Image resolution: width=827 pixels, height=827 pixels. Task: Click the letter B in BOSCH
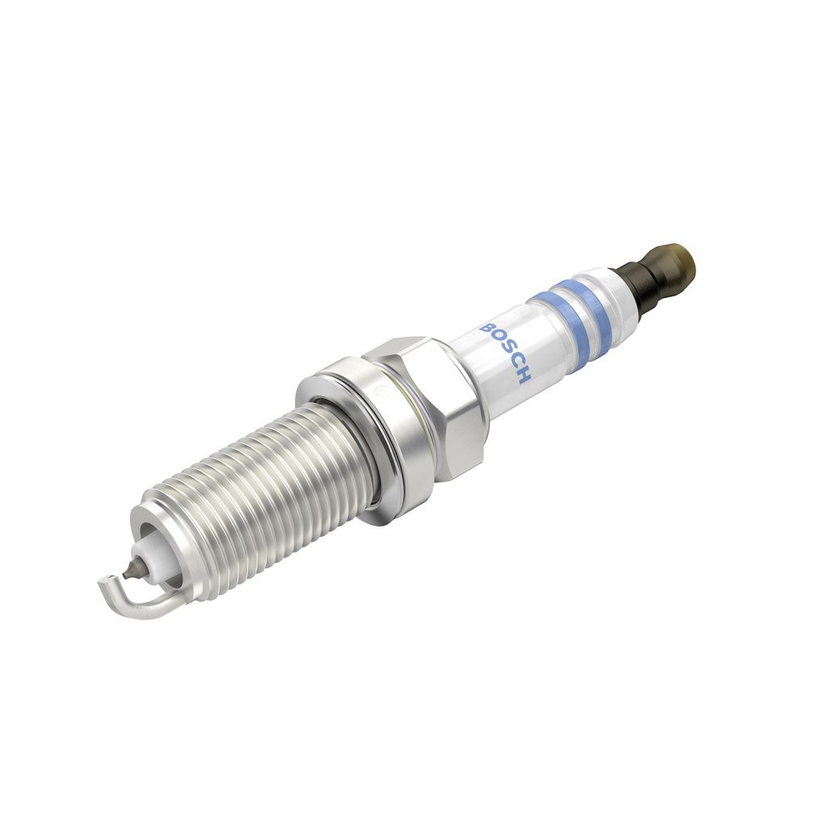tap(488, 329)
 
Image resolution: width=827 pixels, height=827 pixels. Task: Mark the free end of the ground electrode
tap(103, 580)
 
